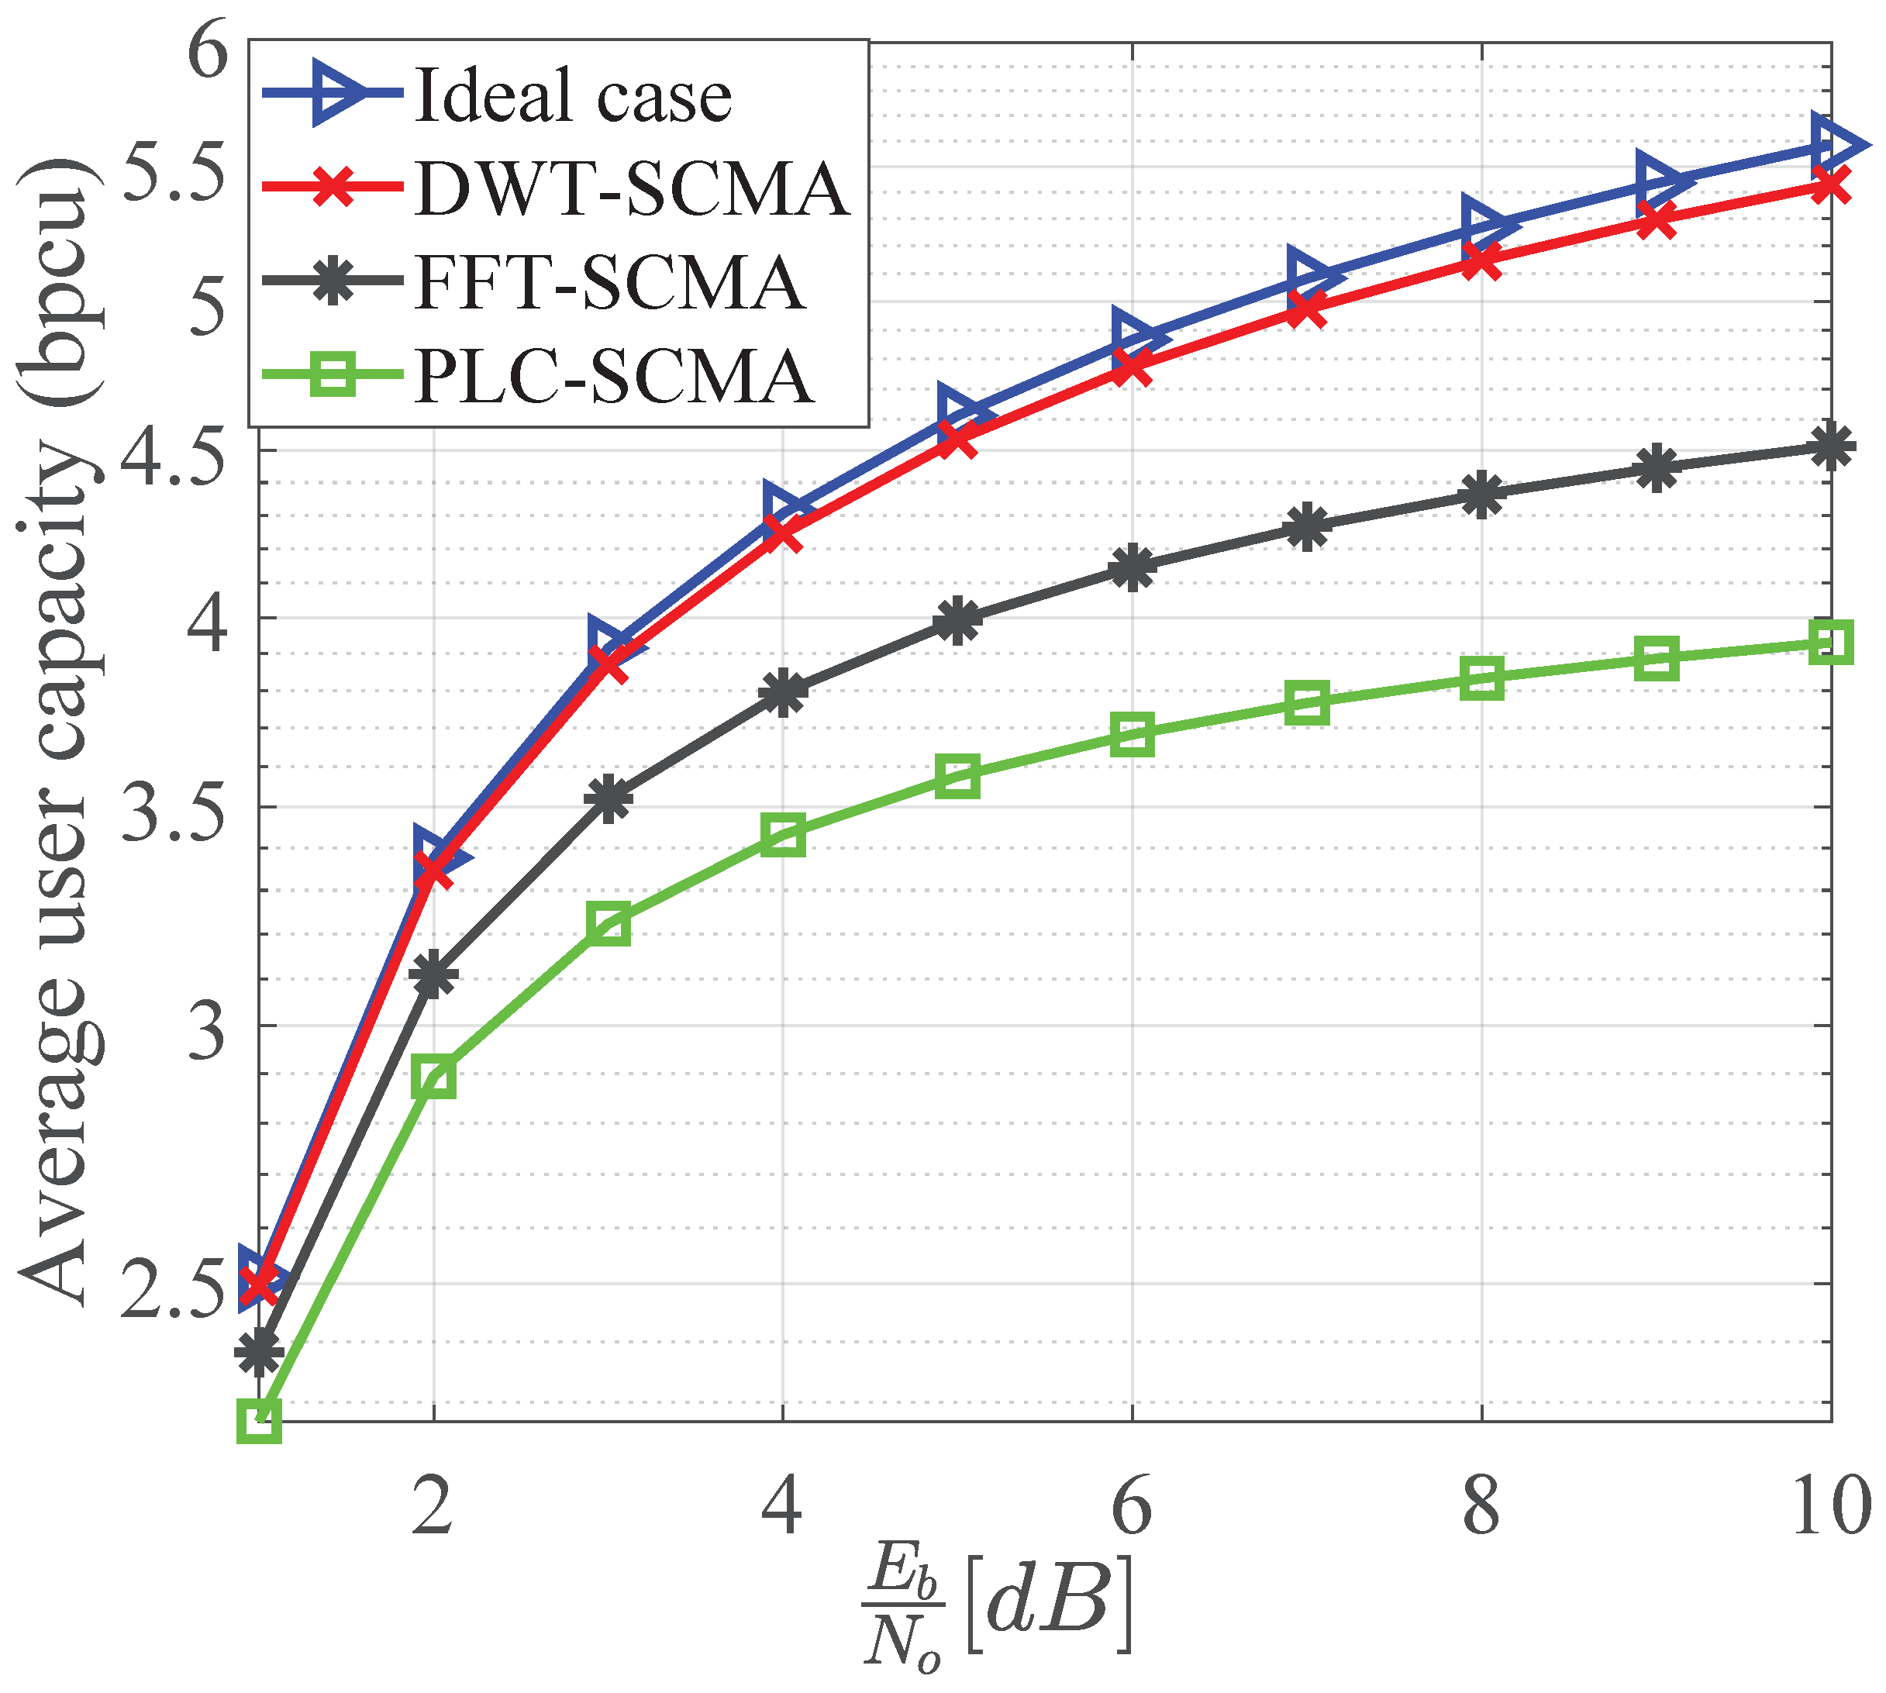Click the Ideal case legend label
[573, 96]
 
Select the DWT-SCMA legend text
[632, 189]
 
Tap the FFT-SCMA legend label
[609, 282]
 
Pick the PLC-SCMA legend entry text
[614, 377]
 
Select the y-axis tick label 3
[206, 1031]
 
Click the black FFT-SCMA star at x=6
[1133, 568]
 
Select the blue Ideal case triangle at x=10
[1834, 145]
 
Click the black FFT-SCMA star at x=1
[260, 1353]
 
